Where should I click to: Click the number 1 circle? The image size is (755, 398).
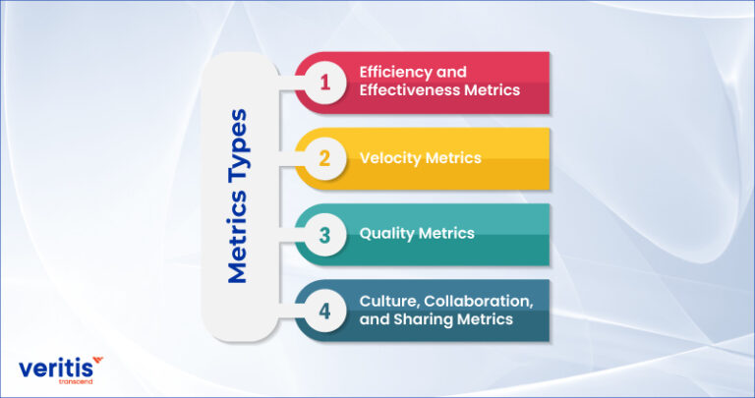(x=323, y=82)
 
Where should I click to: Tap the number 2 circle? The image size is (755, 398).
(x=323, y=157)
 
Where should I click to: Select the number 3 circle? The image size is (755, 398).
(x=323, y=233)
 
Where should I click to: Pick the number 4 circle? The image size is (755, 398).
(x=323, y=309)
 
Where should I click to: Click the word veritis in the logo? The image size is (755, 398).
(x=57, y=370)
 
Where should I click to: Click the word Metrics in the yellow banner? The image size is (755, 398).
(x=454, y=157)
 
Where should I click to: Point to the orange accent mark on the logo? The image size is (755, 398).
(x=95, y=363)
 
